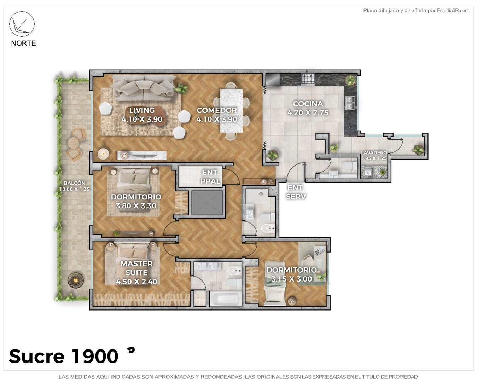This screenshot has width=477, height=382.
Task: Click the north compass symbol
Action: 22,24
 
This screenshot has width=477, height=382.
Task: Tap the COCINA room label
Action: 308,104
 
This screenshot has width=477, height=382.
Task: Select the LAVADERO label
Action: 374,152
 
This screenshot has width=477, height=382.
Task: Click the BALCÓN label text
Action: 75,183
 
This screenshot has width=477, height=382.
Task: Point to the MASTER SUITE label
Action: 136,268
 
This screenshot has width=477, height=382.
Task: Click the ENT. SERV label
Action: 296,192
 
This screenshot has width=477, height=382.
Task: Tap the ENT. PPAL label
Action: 210,177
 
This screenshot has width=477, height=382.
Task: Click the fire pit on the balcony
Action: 76,280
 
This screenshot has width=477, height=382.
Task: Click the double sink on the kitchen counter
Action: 350,103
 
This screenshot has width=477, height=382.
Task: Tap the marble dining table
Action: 231,111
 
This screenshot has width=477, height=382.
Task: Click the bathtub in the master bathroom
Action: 225,299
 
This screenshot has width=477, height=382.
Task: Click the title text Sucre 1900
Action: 63,357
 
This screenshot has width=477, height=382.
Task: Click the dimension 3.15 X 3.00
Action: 291,279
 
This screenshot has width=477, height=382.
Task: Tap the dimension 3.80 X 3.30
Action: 136,206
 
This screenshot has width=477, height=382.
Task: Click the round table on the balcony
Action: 73,142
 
